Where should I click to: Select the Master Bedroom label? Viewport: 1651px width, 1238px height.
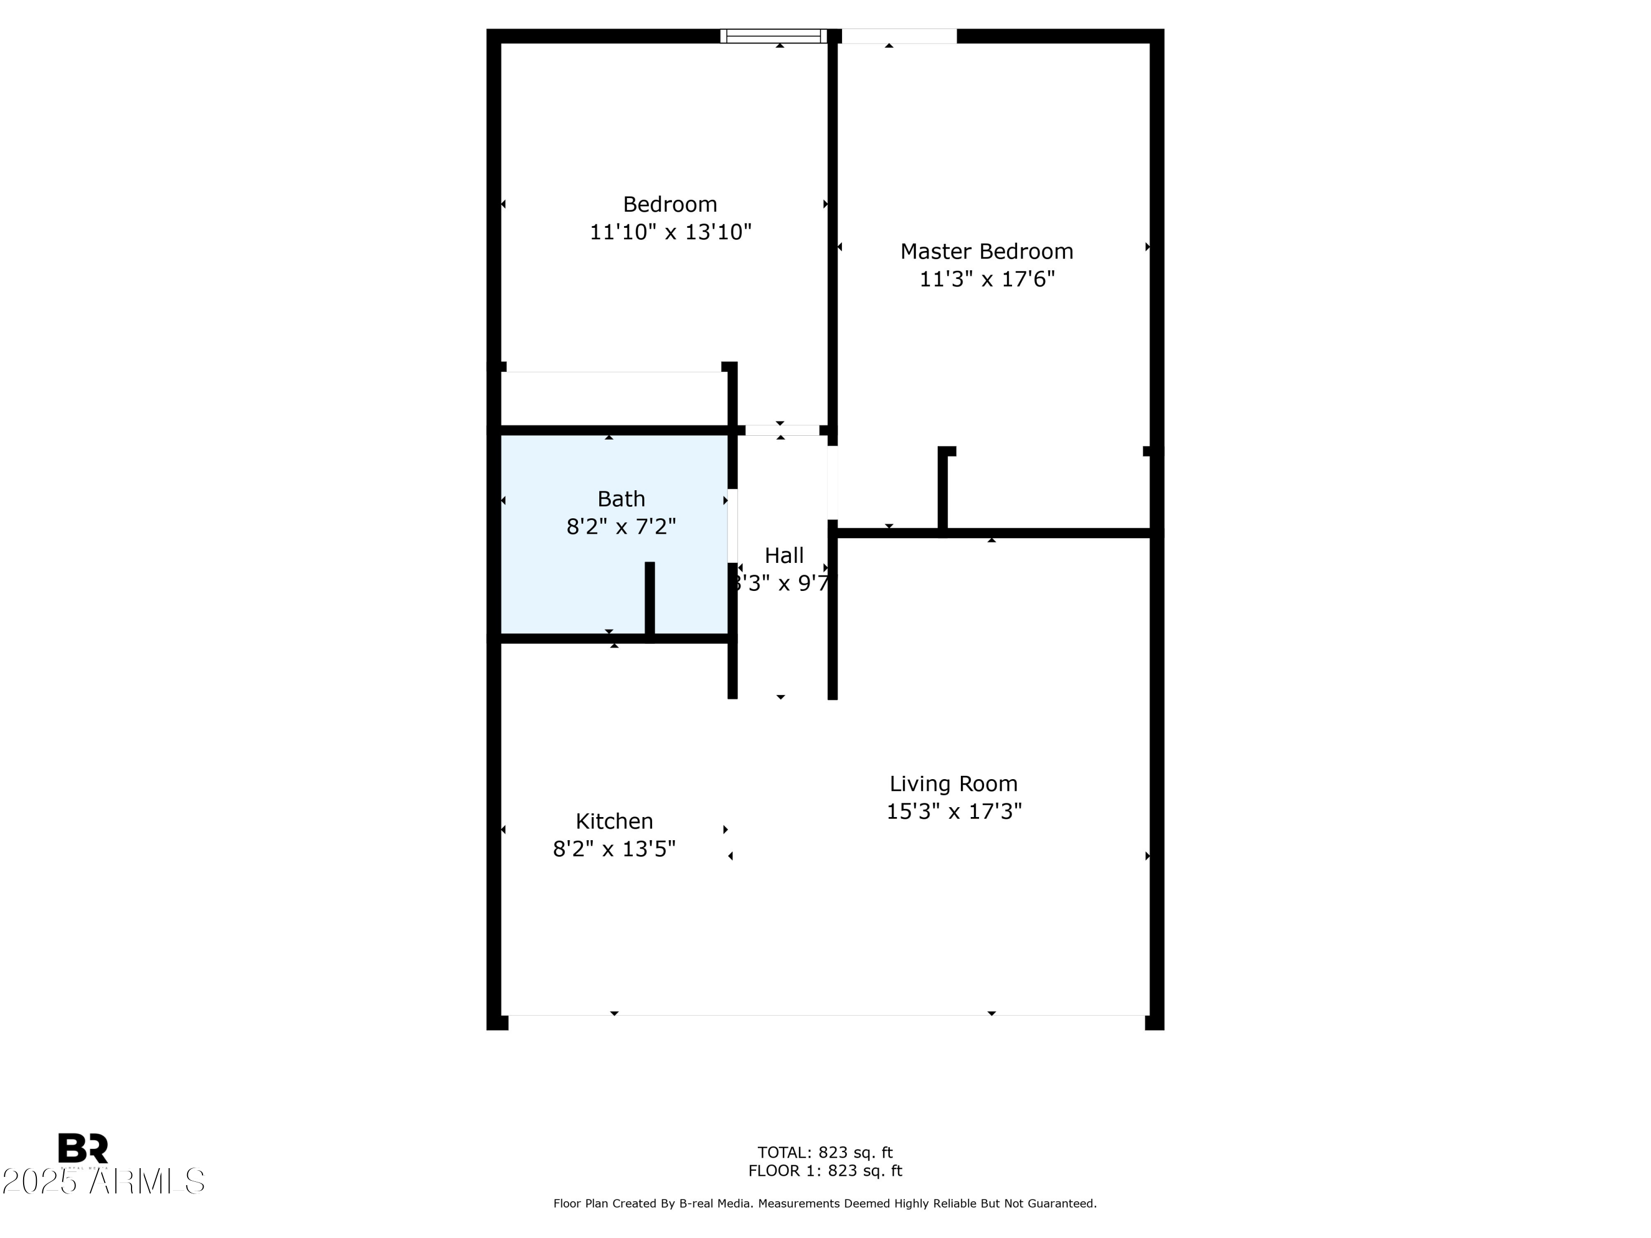coord(986,251)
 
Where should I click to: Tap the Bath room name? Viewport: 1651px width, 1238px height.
coord(621,499)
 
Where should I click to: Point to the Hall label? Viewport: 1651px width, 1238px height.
coord(784,555)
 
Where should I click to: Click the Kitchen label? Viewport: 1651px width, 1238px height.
coord(614,821)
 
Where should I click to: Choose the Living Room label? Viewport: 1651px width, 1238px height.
coord(953,784)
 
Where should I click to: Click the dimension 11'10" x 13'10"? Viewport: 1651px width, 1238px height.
coord(670,232)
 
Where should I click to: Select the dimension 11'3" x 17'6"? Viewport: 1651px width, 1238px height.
coord(986,279)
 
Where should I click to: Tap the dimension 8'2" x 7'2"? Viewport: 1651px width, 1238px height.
coord(621,527)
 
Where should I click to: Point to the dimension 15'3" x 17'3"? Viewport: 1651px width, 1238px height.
coord(953,811)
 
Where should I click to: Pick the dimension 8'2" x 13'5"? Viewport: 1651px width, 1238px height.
coord(614,849)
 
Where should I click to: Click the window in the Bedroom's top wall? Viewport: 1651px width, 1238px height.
coord(773,36)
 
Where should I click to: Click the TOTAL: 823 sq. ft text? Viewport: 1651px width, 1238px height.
coord(825,1153)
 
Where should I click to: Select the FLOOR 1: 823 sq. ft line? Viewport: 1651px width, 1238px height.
coord(825,1171)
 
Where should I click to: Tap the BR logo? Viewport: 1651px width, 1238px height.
coord(83,1148)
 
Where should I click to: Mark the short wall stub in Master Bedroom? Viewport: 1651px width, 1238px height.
coord(943,489)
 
